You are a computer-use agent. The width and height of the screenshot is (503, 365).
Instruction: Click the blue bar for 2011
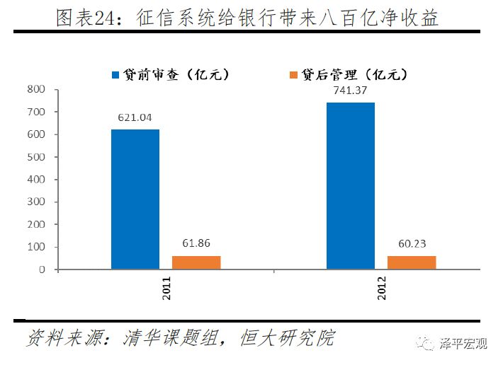[x=135, y=199]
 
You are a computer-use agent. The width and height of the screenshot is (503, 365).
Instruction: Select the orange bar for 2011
[x=196, y=262]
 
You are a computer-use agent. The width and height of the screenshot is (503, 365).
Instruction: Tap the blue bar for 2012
[x=350, y=186]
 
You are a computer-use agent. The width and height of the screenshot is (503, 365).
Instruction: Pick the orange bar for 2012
[x=411, y=262]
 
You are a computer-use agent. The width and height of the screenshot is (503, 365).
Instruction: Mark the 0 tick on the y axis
[x=42, y=270]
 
